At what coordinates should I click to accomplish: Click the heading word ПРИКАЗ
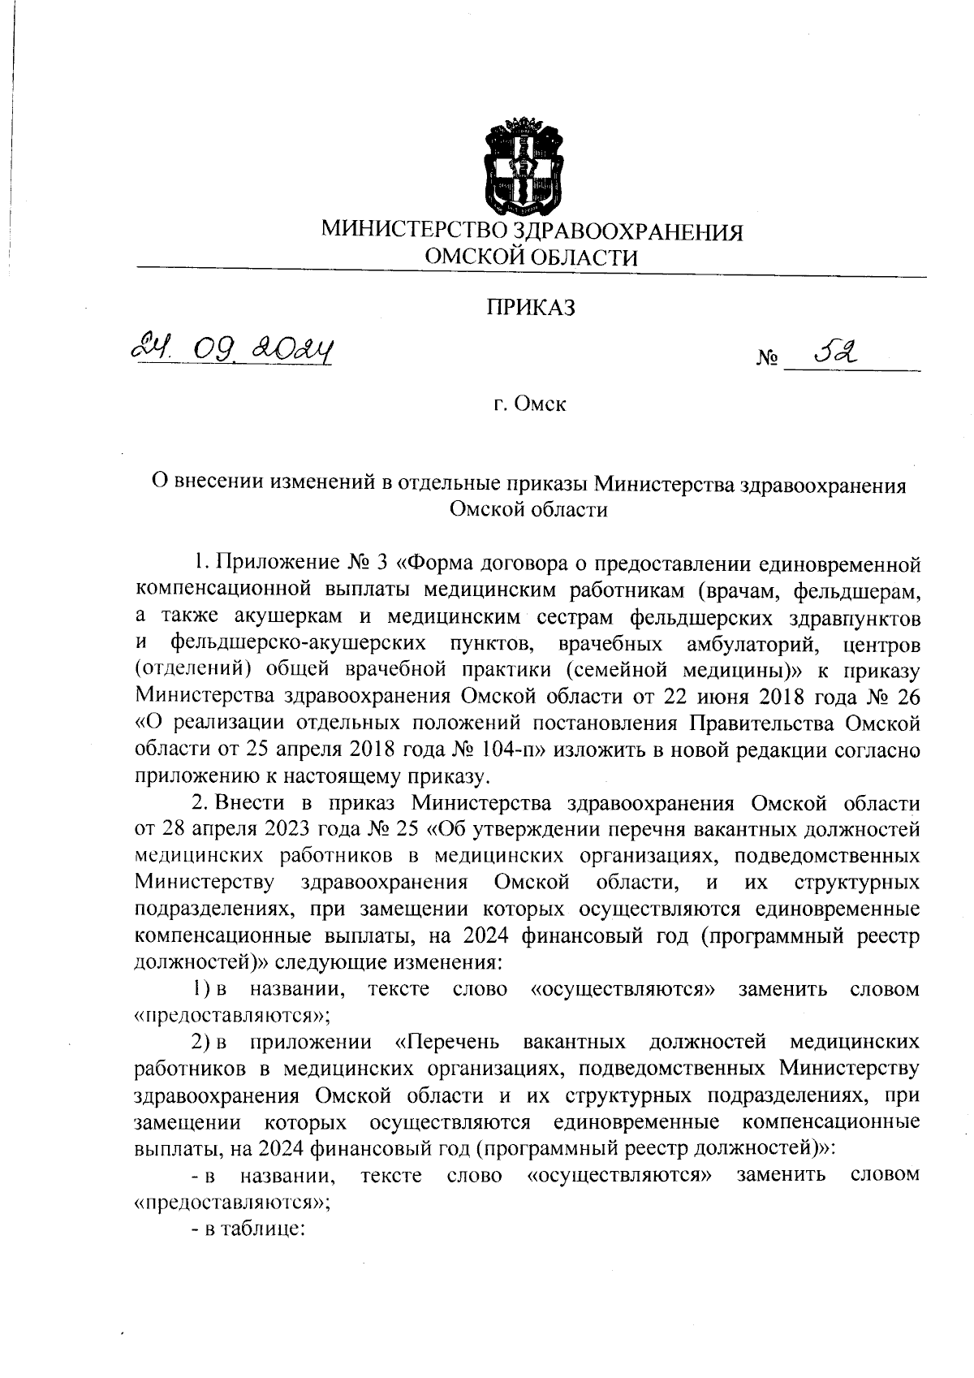pyautogui.click(x=531, y=308)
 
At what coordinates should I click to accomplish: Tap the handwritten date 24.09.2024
pyautogui.click(x=231, y=351)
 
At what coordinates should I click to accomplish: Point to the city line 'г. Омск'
pyautogui.click(x=530, y=404)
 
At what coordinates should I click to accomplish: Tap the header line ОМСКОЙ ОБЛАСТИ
pyautogui.click(x=532, y=258)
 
